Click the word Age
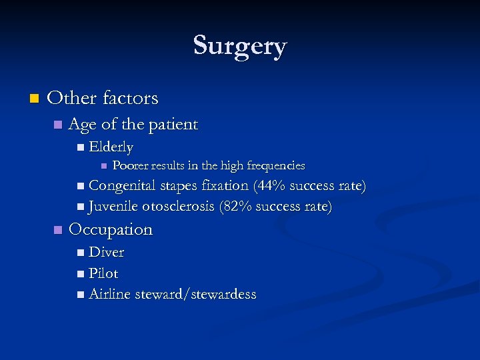click(x=83, y=124)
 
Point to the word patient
click(x=175, y=125)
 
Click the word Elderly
click(x=111, y=147)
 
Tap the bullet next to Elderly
click(x=80, y=147)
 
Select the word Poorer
click(x=131, y=165)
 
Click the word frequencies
click(x=275, y=165)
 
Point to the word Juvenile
click(x=113, y=207)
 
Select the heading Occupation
click(x=111, y=229)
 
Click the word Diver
click(x=107, y=252)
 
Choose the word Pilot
click(x=103, y=273)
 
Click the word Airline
click(x=110, y=294)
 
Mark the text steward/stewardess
click(x=195, y=294)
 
